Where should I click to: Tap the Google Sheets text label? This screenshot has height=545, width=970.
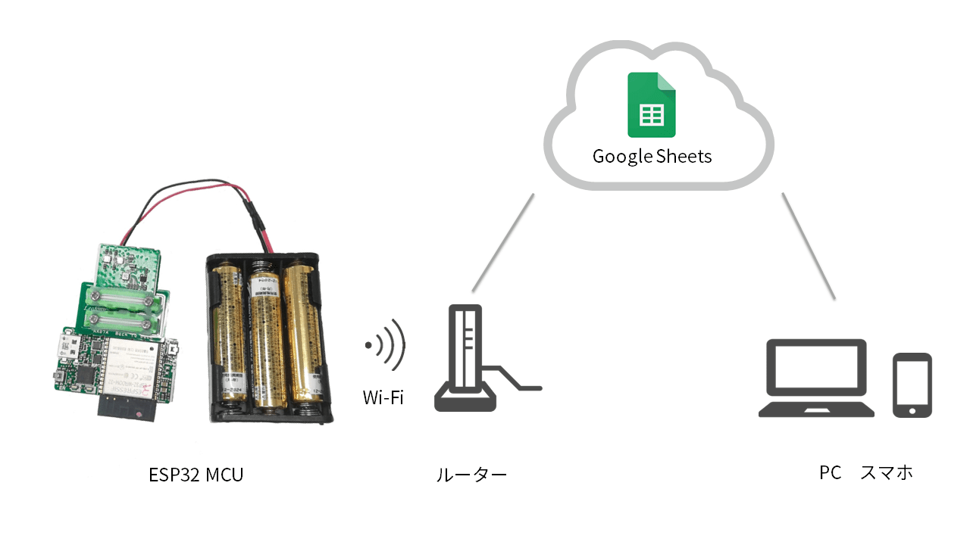[652, 157]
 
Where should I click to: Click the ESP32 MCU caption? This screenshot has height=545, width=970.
[196, 475]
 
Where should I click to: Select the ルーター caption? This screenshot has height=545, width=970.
[471, 475]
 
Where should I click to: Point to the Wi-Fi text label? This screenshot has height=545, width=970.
[383, 397]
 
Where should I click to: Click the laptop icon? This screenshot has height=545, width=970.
[816, 378]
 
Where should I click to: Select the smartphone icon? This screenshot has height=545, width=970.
[912, 385]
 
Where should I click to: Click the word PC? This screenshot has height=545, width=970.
[830, 473]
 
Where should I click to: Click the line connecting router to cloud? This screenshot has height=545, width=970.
[502, 242]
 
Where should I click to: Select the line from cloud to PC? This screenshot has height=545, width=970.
[809, 245]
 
